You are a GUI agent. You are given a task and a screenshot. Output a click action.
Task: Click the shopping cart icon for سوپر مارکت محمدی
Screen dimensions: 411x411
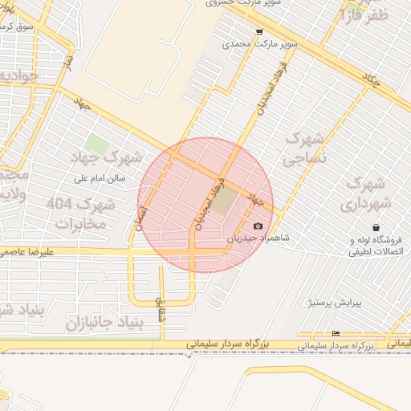click(x=259, y=33)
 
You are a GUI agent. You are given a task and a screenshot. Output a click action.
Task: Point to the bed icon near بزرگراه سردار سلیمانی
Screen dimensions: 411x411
click(x=336, y=334)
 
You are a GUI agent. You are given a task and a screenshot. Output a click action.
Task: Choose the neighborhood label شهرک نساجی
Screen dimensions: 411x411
click(x=306, y=149)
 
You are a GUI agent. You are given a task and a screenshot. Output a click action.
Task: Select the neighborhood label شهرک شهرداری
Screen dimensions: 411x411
click(x=368, y=193)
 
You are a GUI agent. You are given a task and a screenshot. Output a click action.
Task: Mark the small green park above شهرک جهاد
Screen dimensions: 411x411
click(x=97, y=145)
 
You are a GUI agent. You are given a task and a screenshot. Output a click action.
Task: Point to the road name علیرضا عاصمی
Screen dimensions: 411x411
click(x=26, y=251)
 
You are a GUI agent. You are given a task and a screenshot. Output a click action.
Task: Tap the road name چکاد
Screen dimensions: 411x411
click(x=371, y=79)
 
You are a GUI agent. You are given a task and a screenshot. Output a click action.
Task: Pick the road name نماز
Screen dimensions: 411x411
click(x=69, y=60)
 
